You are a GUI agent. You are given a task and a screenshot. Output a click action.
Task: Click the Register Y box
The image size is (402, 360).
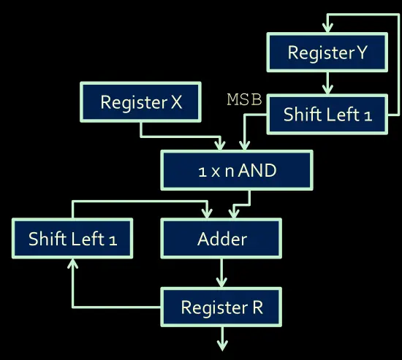coord(327,53)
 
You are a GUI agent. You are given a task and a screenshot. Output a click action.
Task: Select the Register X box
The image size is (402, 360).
coord(140,102)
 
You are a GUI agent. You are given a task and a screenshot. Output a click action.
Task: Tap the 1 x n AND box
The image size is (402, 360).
coord(237,170)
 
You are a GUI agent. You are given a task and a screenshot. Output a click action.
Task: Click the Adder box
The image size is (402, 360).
coord(221,239)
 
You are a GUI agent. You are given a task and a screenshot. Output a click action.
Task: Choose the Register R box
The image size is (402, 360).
coord(221,307)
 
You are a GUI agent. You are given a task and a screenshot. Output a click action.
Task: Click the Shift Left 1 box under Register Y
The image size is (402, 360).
coord(327,114)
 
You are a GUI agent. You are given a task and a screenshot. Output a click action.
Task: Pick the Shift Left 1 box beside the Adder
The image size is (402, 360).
coord(72,239)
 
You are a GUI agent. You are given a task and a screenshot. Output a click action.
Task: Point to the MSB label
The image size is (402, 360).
coord(244,99)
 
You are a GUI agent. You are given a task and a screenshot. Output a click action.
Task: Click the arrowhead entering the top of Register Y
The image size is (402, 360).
coord(327,28)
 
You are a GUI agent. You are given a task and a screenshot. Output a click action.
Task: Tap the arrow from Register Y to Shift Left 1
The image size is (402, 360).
coord(327,83)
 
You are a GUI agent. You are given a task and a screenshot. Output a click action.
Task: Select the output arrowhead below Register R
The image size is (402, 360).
coord(222,345)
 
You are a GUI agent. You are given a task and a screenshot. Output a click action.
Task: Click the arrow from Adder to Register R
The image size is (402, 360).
coord(221,273)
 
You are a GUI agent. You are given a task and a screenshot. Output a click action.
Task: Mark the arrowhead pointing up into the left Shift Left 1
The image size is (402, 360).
coord(73,264)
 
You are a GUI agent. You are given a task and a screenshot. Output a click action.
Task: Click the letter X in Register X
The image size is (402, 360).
coord(176,102)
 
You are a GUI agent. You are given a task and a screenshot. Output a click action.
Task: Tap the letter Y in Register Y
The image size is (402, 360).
coord(363,53)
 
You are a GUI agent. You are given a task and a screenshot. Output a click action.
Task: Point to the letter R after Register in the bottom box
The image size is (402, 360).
coord(258,307)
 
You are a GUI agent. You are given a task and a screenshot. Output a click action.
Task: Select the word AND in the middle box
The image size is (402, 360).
coord(257,170)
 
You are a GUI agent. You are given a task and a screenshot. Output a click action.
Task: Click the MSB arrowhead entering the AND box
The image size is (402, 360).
coord(244,145)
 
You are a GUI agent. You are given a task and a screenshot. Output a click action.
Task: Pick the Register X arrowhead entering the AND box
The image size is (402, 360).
coord(220,145)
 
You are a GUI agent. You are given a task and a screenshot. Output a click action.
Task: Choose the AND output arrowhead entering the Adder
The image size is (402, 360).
coord(234,214)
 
